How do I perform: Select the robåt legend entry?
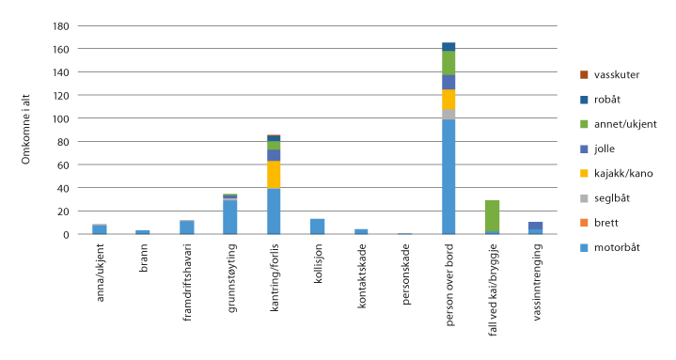(603, 99)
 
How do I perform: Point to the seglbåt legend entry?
(606, 198)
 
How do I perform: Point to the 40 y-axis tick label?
(65, 188)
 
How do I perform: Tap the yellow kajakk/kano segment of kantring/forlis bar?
(274, 175)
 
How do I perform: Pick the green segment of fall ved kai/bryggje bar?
(492, 215)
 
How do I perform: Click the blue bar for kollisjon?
(317, 227)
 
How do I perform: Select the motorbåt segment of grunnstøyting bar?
(229, 217)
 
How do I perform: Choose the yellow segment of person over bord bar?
(448, 100)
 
